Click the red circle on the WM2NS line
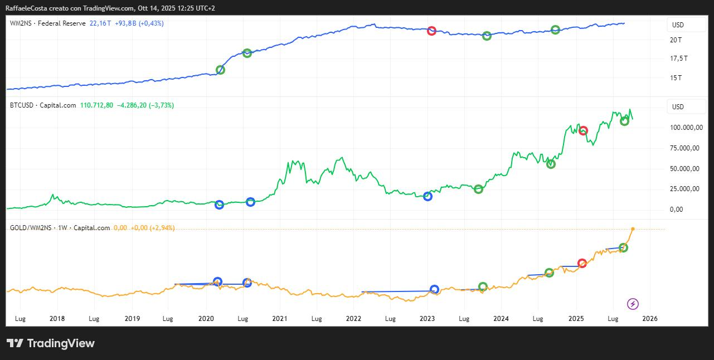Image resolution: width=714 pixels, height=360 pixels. [x=431, y=31]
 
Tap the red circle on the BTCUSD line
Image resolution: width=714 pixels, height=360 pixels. [x=583, y=130]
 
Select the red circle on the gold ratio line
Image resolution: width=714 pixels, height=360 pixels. [x=582, y=263]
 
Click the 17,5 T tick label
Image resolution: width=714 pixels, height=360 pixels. [x=678, y=59]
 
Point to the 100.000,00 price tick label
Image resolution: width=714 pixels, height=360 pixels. [x=684, y=128]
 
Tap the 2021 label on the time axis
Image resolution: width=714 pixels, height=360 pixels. [x=279, y=319]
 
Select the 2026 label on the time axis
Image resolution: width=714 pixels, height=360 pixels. [x=650, y=319]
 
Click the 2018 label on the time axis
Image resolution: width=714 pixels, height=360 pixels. [x=57, y=319]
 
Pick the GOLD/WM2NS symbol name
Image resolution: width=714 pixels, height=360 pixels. [x=31, y=228]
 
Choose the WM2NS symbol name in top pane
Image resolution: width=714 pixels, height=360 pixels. [x=20, y=23]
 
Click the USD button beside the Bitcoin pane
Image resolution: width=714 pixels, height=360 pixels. [x=678, y=106]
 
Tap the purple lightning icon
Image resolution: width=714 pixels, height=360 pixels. [x=633, y=304]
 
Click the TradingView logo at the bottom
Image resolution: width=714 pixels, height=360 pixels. [x=50, y=343]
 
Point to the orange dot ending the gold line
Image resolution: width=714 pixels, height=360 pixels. [x=633, y=228]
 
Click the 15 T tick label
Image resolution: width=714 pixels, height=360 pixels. [x=676, y=77]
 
